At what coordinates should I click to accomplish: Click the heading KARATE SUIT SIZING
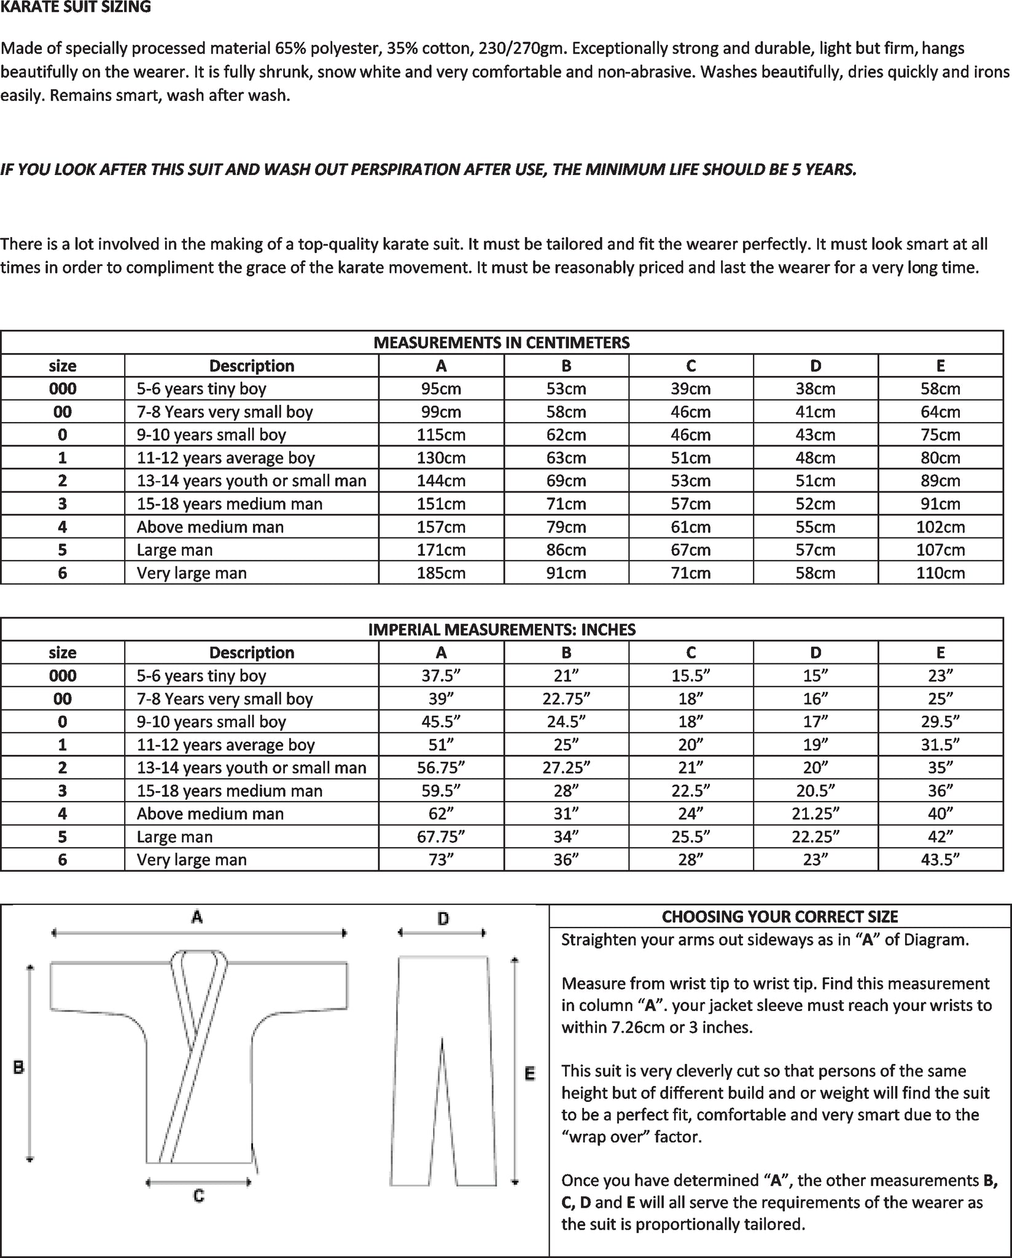pos(76,8)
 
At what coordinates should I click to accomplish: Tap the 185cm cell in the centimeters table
pos(441,573)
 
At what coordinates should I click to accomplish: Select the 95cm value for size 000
pos(441,389)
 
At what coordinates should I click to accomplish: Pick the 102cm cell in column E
pos(940,527)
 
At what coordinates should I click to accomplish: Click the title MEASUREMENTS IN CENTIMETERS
pos(502,343)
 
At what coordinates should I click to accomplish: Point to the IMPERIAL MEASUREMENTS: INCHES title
pos(502,630)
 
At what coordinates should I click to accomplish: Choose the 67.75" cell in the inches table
pos(441,837)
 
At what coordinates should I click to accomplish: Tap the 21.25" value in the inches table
pos(815,814)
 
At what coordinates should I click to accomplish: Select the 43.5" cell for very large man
pos(940,859)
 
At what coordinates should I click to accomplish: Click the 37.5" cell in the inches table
pos(441,676)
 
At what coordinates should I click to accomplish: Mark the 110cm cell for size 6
pos(940,573)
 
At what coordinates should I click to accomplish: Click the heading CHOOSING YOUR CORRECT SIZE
pos(780,917)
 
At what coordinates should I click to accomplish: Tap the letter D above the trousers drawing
pos(443,919)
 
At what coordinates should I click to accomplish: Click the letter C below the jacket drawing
pos(198,1195)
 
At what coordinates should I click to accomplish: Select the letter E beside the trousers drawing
pos(529,1074)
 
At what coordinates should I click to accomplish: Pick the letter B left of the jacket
pos(18,1067)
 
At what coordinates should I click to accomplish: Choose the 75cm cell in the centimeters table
pos(940,435)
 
